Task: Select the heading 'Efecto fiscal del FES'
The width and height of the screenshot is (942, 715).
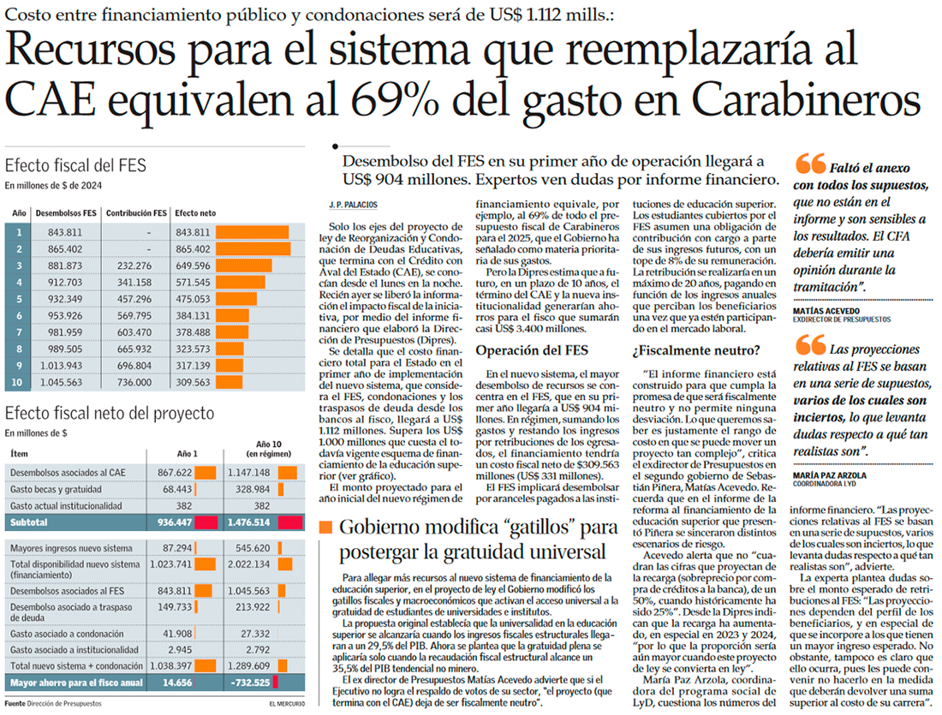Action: click(x=75, y=166)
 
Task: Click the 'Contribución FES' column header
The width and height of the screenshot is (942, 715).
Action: click(x=140, y=212)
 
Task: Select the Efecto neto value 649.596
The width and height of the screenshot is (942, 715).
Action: click(x=192, y=265)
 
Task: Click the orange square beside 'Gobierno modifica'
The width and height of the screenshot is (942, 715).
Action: click(x=325, y=527)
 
